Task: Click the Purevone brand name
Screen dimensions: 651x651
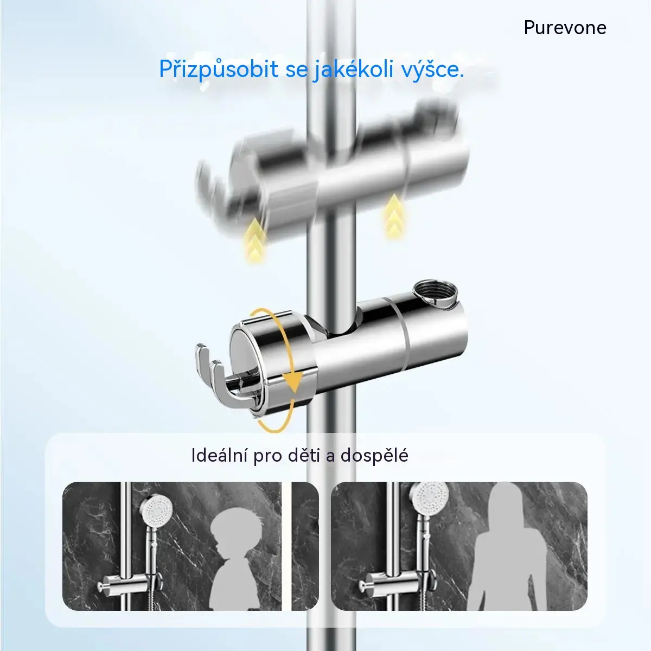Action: [x=565, y=28]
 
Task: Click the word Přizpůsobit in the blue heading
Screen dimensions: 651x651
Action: [x=219, y=70]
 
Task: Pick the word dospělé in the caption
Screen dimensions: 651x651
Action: [x=374, y=456]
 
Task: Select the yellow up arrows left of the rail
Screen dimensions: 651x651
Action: [x=256, y=240]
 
